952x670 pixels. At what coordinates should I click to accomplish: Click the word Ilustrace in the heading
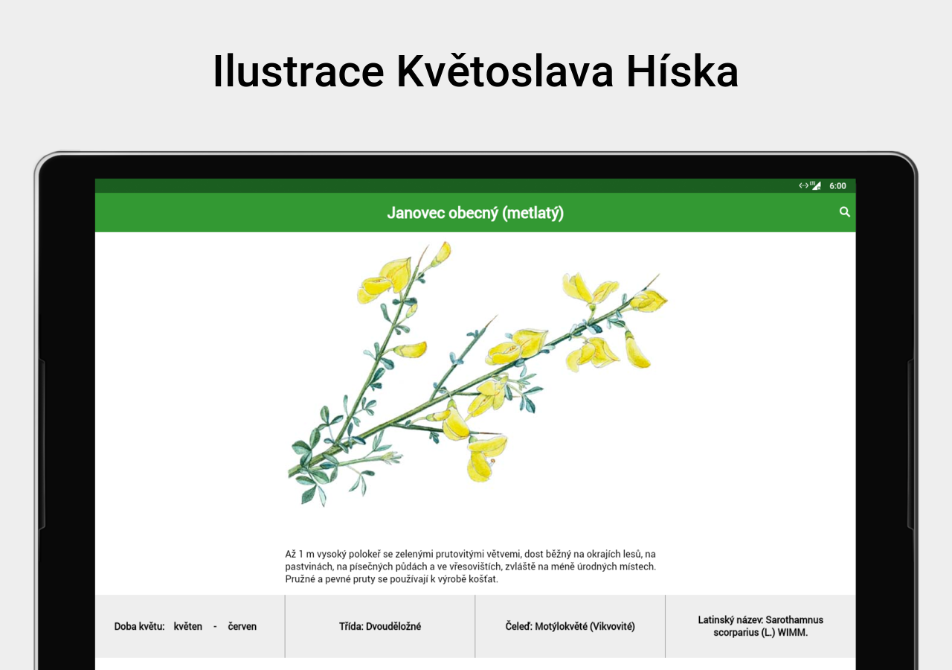[x=298, y=71]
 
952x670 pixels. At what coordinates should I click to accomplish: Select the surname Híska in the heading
[x=682, y=71]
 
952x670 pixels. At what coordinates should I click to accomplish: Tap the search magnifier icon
[x=844, y=212]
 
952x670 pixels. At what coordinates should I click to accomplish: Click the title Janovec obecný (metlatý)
[x=475, y=213]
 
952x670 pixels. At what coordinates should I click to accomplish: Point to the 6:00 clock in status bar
[x=837, y=186]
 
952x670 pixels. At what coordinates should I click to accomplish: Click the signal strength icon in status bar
[x=816, y=185]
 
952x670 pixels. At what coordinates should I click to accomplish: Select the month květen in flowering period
[x=188, y=626]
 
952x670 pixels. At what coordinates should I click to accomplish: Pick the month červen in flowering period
[x=242, y=626]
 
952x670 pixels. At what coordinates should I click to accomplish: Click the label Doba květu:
[x=139, y=626]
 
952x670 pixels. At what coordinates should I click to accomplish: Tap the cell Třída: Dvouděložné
[x=380, y=626]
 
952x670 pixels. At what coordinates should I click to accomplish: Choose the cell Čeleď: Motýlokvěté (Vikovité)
[x=570, y=626]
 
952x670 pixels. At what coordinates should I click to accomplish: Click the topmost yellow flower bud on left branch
[x=442, y=254]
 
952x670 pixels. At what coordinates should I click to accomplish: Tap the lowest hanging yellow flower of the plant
[x=484, y=459]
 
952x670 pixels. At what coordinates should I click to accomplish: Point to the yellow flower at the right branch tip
[x=649, y=300]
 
